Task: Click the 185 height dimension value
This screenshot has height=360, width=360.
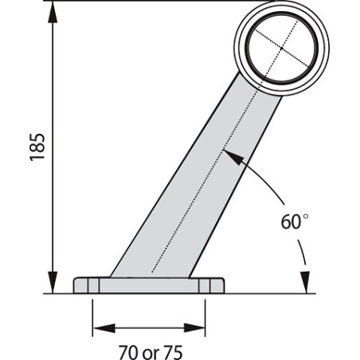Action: [x=37, y=147]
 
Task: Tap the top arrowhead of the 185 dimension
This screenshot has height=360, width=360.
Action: [x=53, y=10]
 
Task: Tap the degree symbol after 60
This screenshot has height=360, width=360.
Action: [x=305, y=215]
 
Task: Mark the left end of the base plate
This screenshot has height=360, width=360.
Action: [x=75, y=285]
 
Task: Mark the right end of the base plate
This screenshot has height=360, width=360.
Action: [x=224, y=285]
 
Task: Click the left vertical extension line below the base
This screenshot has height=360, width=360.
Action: [x=93, y=315]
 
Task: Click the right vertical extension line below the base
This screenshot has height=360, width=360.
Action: [x=205, y=315]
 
